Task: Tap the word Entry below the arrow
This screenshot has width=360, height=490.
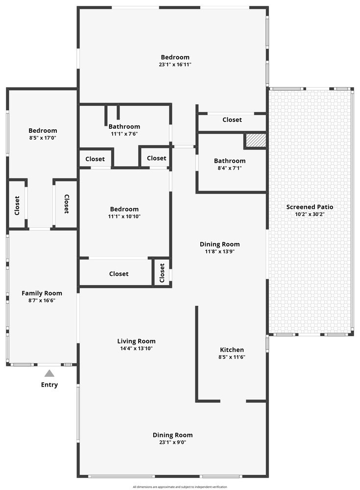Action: [49, 385]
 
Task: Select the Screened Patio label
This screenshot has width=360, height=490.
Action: [310, 207]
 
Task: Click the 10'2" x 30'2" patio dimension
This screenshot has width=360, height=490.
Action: [310, 215]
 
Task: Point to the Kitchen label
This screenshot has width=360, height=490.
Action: [232, 350]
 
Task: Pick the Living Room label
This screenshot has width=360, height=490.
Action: [136, 341]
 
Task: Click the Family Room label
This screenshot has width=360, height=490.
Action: [42, 293]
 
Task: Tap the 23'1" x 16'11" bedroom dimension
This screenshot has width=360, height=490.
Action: [175, 65]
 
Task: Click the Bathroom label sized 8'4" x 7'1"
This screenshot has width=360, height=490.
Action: [230, 161]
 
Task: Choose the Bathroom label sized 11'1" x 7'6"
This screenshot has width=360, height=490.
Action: [124, 126]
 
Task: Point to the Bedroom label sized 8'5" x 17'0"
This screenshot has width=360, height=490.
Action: [43, 131]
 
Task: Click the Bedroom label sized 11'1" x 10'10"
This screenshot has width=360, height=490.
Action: [124, 209]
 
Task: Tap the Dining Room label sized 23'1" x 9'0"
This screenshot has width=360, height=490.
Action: [172, 435]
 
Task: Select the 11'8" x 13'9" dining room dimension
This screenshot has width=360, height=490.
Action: [220, 251]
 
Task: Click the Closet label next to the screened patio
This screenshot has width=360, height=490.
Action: [232, 120]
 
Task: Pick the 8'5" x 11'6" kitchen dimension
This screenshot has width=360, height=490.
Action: [232, 357]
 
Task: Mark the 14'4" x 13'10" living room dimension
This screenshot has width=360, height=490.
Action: [136, 348]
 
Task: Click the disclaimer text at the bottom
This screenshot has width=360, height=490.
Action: [180, 487]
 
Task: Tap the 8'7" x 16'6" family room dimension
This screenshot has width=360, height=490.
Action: [42, 301]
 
